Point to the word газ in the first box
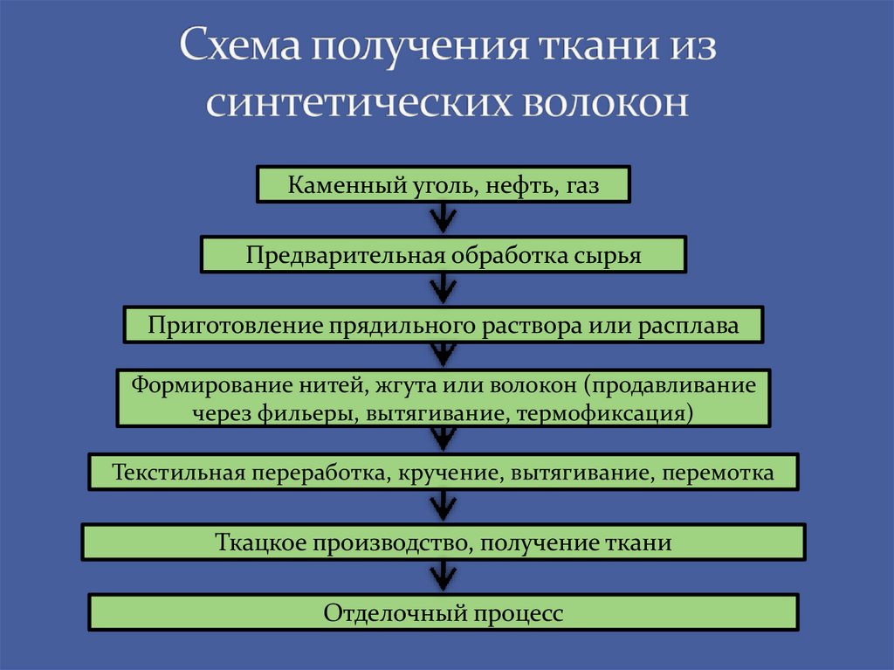click(581, 186)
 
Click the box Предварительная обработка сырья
click(444, 256)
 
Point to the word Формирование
click(197, 384)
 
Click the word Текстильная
click(177, 473)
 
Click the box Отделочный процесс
click(444, 612)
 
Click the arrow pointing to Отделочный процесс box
click(444, 577)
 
